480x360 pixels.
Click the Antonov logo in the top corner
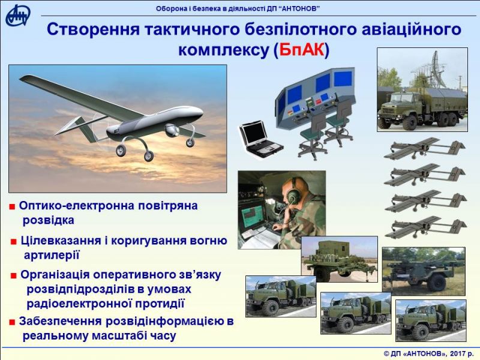18,16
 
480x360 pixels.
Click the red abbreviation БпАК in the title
301,50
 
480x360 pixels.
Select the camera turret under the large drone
172,130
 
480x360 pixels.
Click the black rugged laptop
260,139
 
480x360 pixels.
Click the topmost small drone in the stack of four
425,148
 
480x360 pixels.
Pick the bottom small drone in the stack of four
425,227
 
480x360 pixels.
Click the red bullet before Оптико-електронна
12,207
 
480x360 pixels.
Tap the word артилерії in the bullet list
52,255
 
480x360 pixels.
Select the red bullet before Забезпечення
12,322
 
